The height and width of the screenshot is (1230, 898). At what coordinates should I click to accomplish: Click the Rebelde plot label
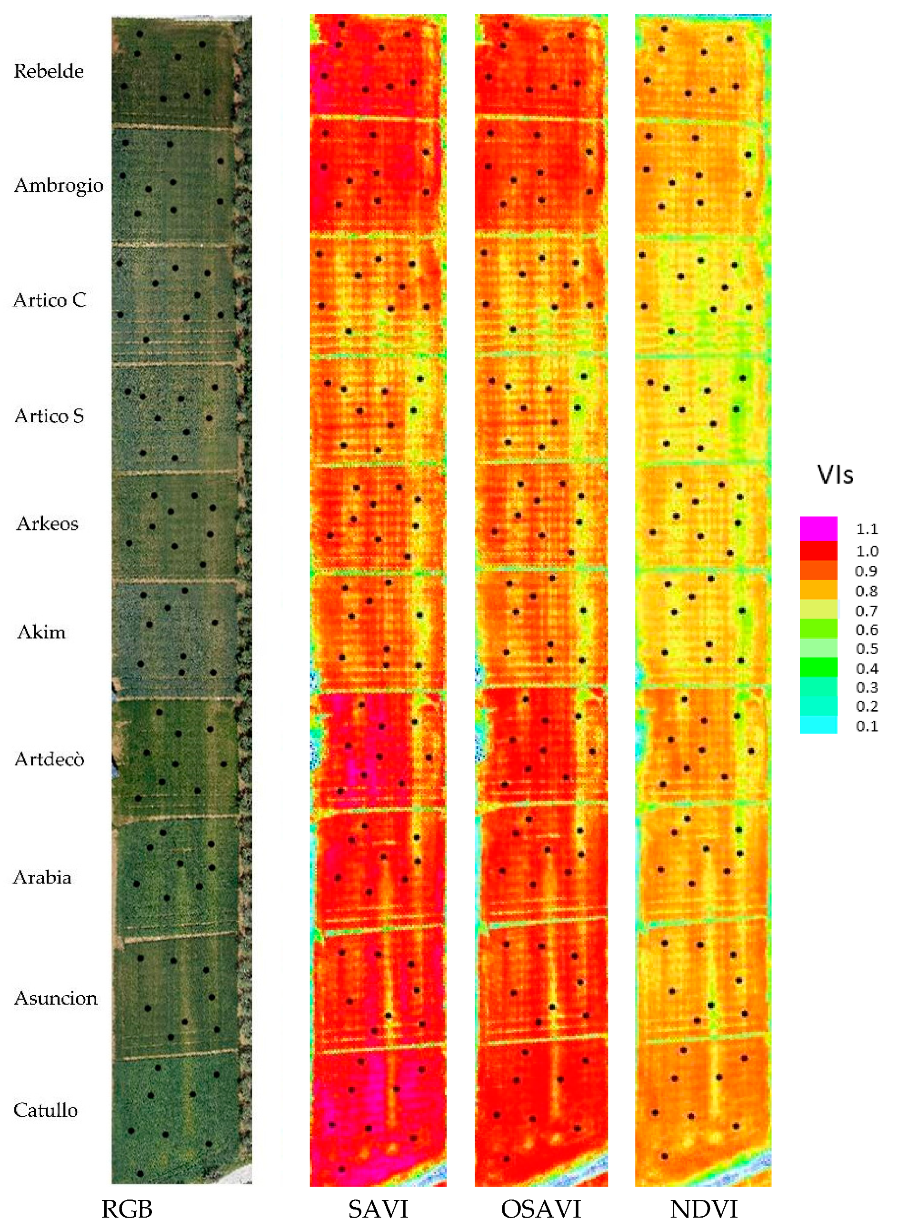pyautogui.click(x=49, y=71)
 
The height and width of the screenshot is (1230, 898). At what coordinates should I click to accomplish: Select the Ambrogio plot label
pyautogui.click(x=59, y=185)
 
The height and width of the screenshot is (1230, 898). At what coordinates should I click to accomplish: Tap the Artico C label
pyautogui.click(x=50, y=300)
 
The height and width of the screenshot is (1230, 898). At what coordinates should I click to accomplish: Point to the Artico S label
pyautogui.click(x=50, y=416)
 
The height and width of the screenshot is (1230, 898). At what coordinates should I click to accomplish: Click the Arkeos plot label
pyautogui.click(x=47, y=523)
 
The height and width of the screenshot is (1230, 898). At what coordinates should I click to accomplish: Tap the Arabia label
pyautogui.click(x=42, y=877)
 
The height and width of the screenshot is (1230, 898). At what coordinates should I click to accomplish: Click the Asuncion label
pyautogui.click(x=56, y=998)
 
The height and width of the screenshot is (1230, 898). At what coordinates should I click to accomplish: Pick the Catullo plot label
pyautogui.click(x=46, y=1110)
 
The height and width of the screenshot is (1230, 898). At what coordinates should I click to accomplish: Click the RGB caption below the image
pyautogui.click(x=127, y=1210)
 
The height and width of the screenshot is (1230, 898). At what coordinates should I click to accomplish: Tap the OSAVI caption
pyautogui.click(x=541, y=1210)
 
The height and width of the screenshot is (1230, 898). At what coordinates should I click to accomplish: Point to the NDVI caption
pyautogui.click(x=703, y=1210)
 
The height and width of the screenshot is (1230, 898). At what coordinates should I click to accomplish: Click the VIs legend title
pyautogui.click(x=835, y=475)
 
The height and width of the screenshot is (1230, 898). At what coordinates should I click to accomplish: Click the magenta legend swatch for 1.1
pyautogui.click(x=818, y=528)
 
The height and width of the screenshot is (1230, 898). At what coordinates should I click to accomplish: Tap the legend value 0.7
pyautogui.click(x=867, y=611)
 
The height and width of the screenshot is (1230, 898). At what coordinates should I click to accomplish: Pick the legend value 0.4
pyautogui.click(x=867, y=669)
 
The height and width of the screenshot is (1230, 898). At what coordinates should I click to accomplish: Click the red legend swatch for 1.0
pyautogui.click(x=818, y=550)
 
